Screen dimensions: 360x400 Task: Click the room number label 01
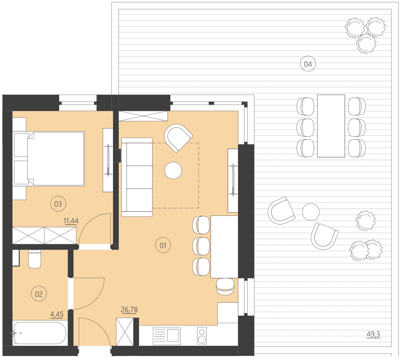(x=163, y=245)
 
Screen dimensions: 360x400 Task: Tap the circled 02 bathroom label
(x=39, y=294)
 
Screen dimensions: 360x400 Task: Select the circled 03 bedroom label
(x=58, y=204)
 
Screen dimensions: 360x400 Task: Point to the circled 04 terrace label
(x=308, y=64)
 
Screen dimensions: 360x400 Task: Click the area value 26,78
(x=129, y=310)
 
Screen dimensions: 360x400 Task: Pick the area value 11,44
(x=71, y=221)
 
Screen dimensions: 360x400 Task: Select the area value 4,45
(x=57, y=314)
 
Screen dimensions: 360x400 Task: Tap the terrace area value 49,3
(x=373, y=334)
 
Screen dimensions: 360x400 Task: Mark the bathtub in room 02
(x=40, y=333)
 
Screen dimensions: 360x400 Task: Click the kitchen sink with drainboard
(x=167, y=336)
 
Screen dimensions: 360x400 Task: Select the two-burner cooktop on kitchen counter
(x=202, y=336)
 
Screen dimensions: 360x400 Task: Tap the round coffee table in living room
(x=173, y=170)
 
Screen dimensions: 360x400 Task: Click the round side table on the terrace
(x=311, y=212)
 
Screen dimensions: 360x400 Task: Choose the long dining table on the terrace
(x=331, y=126)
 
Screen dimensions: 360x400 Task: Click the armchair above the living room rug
(x=178, y=138)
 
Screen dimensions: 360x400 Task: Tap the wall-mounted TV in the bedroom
(x=108, y=160)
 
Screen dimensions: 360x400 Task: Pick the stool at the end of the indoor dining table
(x=225, y=286)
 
